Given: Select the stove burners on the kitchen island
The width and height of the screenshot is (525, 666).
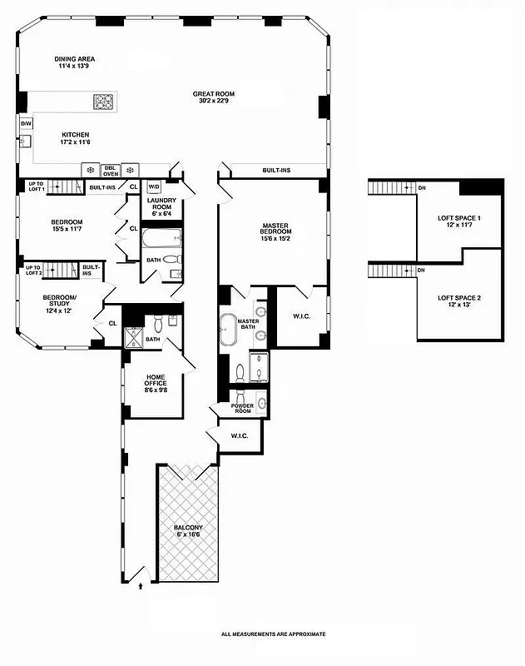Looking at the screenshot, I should pos(104,102).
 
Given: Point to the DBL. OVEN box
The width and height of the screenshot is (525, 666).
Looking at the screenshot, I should pos(111,171).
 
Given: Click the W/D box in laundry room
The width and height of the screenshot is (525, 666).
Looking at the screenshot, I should pos(153,187).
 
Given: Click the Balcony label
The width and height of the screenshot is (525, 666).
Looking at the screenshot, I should pos(187,532).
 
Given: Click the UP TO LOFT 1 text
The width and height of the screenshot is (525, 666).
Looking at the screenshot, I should pos(35,187).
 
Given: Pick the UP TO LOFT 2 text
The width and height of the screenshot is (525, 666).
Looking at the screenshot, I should pos(33,270).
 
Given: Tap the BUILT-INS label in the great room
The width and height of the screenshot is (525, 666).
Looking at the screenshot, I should pos(276,171).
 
